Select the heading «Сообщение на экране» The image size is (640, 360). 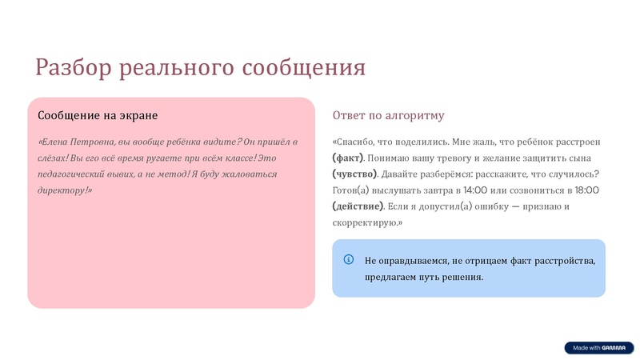point(98,116)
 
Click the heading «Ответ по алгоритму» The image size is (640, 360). point(388,116)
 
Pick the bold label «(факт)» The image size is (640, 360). point(348,158)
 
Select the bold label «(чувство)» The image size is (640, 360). point(354,174)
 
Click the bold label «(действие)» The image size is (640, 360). point(358,206)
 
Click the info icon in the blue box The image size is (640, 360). point(349,259)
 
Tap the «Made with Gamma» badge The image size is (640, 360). point(598,348)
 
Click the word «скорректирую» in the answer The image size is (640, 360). point(365,222)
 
